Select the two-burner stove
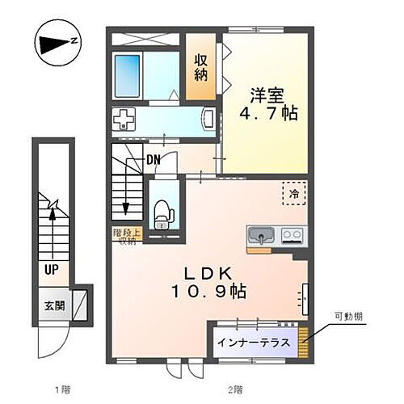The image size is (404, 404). point(291,236)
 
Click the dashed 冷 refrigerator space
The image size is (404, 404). point(295,195)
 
